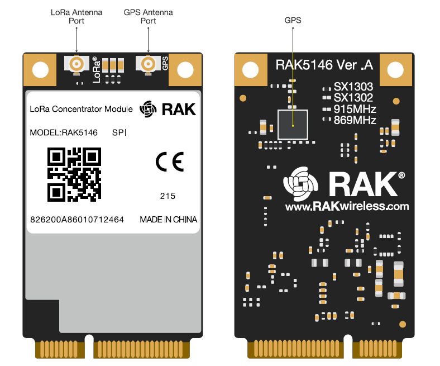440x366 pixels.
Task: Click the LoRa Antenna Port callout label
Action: tap(76, 16)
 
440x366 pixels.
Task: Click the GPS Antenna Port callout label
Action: tap(148, 16)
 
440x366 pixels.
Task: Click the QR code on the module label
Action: tap(74, 174)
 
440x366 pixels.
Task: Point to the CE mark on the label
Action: tap(169, 161)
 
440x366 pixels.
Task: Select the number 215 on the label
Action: tap(168, 196)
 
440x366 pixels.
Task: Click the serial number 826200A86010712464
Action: tap(77, 220)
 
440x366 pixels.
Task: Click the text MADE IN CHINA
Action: tap(168, 220)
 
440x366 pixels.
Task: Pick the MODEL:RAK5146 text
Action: tap(64, 133)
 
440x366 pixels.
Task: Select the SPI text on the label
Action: tap(119, 133)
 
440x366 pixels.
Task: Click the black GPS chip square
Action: tap(292, 124)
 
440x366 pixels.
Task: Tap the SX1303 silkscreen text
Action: tap(353, 87)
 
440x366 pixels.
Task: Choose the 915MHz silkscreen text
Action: tap(355, 109)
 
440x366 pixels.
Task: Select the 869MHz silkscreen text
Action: tap(355, 120)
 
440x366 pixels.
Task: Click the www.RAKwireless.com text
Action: tap(347, 206)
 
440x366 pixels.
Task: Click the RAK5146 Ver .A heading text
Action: tap(324, 65)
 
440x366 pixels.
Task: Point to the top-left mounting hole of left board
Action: tap(40, 70)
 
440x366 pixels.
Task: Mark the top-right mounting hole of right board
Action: tap(395, 70)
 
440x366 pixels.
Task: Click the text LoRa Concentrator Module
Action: tap(82, 109)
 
